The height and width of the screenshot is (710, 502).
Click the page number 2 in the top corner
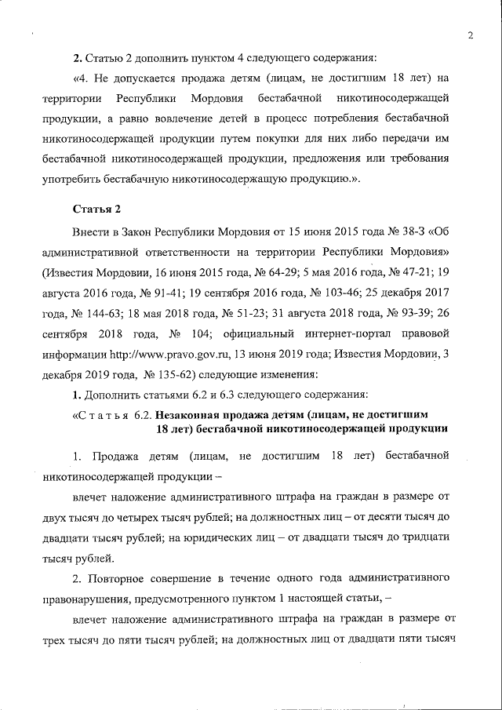[470, 35]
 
